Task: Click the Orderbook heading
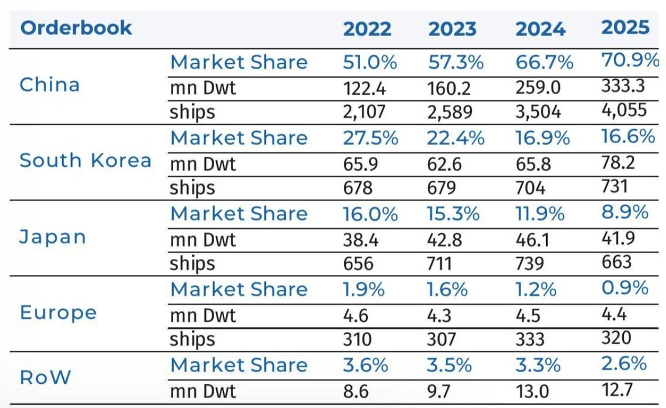76,28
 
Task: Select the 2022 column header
367,29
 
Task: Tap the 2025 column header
625,27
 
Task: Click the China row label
49,85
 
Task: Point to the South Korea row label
85,160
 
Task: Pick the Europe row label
58,313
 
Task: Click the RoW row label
45,377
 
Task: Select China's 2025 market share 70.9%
630,60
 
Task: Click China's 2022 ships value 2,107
364,112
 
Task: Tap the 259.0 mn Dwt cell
538,88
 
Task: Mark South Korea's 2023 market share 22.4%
456,138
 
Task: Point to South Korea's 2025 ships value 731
614,186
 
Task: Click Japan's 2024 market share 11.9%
540,213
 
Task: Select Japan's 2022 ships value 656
358,263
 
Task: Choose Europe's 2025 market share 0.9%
625,288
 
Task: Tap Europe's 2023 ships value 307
441,339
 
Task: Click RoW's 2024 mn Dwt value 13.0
532,391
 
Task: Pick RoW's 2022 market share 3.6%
366,365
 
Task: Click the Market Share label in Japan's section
239,213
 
